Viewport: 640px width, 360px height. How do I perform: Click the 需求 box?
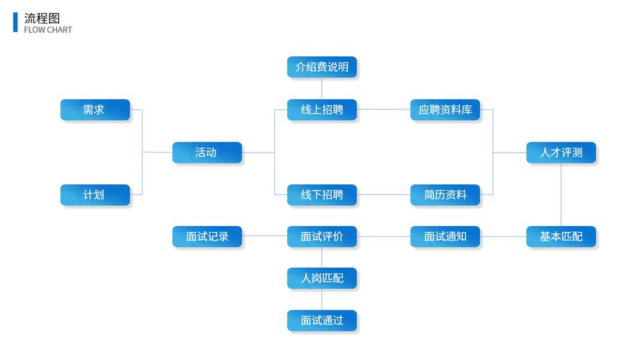(x=95, y=109)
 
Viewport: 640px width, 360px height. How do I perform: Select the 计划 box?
(x=95, y=194)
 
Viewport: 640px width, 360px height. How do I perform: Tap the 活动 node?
(x=207, y=152)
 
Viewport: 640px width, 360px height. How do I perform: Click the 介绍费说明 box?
(x=322, y=67)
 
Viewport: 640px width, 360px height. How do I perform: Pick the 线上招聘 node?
(x=322, y=109)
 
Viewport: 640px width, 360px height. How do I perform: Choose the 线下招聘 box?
(x=322, y=194)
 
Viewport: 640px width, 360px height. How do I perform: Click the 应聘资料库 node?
(x=445, y=109)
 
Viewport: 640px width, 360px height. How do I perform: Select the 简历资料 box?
(x=445, y=194)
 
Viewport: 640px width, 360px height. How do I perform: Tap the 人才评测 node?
(x=561, y=152)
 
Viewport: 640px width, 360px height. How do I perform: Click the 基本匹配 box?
(x=561, y=236)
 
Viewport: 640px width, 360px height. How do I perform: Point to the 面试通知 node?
(x=445, y=236)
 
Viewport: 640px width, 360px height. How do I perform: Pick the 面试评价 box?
(x=322, y=236)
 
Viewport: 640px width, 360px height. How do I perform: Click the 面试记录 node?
(x=207, y=236)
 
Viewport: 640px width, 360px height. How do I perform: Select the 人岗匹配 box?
(x=322, y=278)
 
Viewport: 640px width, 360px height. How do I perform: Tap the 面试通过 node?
(x=322, y=320)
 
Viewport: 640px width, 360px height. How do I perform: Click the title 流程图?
(x=42, y=18)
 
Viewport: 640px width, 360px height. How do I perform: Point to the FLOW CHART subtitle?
(x=48, y=30)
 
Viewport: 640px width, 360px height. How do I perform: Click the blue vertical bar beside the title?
(x=15, y=22)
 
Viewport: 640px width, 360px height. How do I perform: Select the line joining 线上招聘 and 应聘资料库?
(x=384, y=109)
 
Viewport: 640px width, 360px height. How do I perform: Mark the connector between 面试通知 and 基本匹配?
(x=503, y=236)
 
